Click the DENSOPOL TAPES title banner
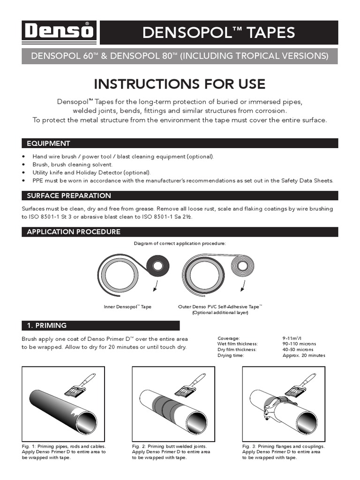point(219,32)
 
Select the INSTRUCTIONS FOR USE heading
point(180,84)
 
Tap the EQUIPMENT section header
point(49,143)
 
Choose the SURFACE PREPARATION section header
point(69,195)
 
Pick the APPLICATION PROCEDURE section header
point(74,232)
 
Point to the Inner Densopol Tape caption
point(127,307)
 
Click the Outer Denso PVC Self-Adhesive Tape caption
point(220,307)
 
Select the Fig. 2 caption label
point(140,447)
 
